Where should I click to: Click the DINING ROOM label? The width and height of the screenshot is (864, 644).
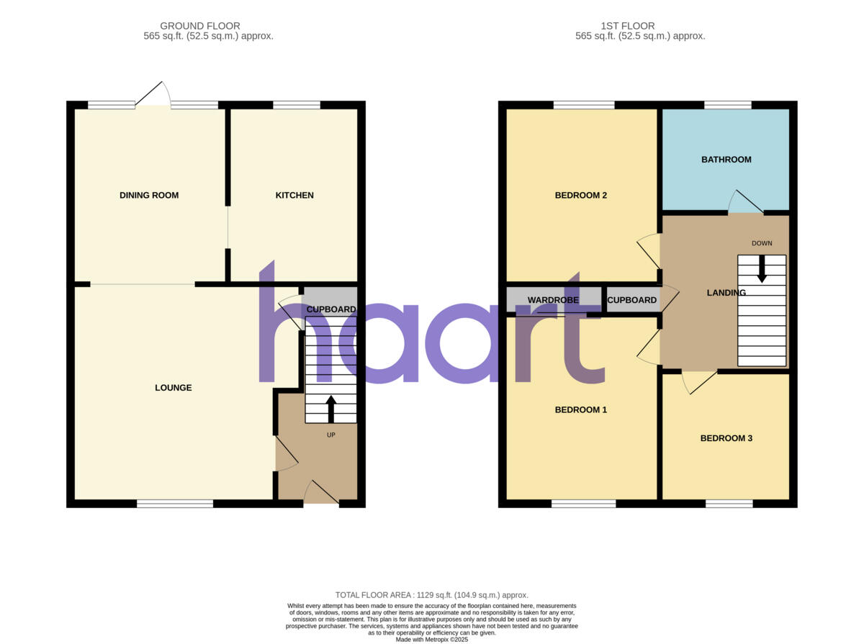(x=149, y=196)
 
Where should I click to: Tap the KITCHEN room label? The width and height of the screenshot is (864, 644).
(x=294, y=196)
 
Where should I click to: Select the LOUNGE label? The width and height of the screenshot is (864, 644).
(x=174, y=388)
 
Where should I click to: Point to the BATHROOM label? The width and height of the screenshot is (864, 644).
(x=726, y=160)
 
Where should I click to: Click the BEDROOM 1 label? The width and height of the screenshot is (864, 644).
(x=580, y=410)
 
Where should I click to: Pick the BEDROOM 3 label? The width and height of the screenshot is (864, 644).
(x=726, y=438)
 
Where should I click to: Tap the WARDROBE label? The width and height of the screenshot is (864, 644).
(x=553, y=300)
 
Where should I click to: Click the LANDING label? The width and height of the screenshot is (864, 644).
(x=726, y=293)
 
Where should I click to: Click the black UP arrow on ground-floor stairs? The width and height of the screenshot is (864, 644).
(x=331, y=408)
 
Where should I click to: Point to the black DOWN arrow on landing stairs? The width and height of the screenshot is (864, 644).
(x=762, y=269)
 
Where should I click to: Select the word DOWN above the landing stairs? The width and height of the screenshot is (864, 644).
(x=762, y=243)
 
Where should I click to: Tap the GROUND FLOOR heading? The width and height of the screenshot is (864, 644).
(x=200, y=26)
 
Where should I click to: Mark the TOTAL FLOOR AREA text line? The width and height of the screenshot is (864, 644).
(x=432, y=595)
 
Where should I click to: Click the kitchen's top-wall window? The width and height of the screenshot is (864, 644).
(x=297, y=105)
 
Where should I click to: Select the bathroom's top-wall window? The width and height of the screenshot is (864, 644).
(x=727, y=105)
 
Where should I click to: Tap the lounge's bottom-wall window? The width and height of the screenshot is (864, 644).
(x=175, y=504)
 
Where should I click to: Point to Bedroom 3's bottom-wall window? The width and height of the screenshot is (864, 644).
(x=729, y=504)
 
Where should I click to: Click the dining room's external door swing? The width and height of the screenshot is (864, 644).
(x=153, y=95)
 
